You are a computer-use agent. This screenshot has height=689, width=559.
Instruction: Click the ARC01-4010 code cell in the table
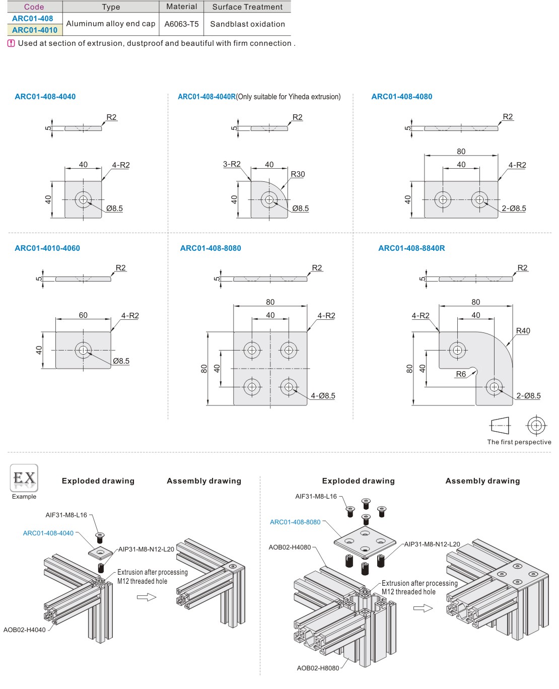click(x=34, y=30)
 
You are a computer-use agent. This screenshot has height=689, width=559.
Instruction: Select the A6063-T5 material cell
click(x=181, y=24)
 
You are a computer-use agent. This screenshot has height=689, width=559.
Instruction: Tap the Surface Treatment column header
click(x=247, y=7)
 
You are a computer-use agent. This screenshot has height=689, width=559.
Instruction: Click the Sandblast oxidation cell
click(x=247, y=24)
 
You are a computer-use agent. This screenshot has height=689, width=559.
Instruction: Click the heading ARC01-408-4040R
click(x=206, y=97)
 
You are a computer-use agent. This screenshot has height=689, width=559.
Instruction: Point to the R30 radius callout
click(x=298, y=174)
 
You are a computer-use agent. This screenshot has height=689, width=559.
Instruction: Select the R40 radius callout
click(x=523, y=331)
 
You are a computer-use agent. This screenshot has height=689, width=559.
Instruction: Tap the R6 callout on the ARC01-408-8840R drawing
click(x=461, y=374)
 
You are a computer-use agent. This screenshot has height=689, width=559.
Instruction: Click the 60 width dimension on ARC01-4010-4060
click(x=83, y=315)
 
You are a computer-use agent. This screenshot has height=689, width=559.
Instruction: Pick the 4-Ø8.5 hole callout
click(x=323, y=396)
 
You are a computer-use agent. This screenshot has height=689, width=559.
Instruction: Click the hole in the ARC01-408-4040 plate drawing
click(x=83, y=199)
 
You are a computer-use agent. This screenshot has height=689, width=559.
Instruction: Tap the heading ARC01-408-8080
click(x=211, y=248)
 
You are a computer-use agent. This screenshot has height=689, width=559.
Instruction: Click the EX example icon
click(x=24, y=478)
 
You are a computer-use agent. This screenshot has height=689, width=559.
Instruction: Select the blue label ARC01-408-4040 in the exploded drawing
click(x=48, y=533)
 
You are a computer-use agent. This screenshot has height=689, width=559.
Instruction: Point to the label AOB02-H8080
click(x=318, y=668)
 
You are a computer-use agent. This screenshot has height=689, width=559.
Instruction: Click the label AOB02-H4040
click(x=25, y=630)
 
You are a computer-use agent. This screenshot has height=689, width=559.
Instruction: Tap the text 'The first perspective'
click(x=519, y=442)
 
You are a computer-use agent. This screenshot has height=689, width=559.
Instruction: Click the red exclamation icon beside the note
click(x=12, y=43)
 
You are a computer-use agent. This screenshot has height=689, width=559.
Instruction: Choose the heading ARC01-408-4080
click(x=401, y=97)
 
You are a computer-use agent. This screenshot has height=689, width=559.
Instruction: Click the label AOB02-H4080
click(x=290, y=547)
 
